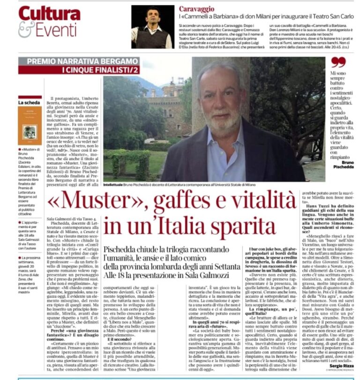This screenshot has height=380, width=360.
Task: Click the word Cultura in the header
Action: click(50, 14)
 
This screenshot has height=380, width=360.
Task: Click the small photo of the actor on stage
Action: click(151, 27)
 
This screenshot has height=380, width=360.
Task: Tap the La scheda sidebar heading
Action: click(28, 102)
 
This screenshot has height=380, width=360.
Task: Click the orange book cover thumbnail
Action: click(30, 126)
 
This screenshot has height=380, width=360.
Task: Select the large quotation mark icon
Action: click(338, 62)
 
